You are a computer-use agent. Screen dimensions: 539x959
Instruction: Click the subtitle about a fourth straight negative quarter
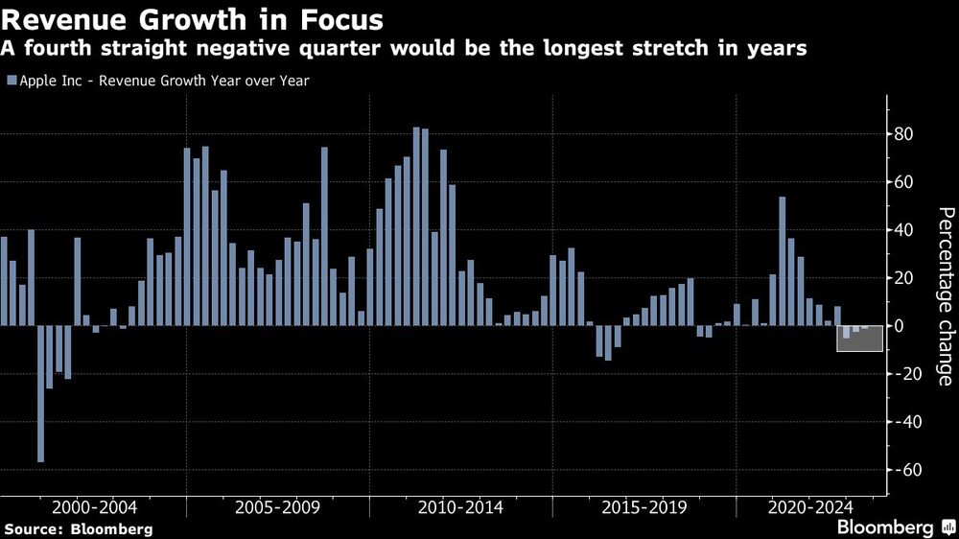click(403, 48)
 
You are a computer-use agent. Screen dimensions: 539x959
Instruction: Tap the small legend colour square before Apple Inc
click(11, 81)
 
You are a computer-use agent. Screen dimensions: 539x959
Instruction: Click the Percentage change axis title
click(944, 296)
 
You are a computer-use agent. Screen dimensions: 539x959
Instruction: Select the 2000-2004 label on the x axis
click(95, 506)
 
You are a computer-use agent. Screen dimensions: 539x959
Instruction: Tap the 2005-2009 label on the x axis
click(278, 506)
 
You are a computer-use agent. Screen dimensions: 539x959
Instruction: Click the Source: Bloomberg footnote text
click(79, 528)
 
